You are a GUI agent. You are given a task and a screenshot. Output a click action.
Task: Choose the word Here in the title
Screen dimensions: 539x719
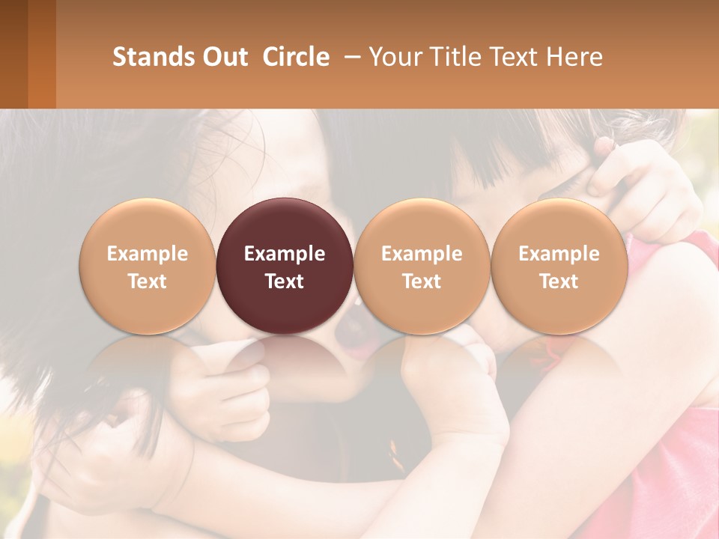click(574, 57)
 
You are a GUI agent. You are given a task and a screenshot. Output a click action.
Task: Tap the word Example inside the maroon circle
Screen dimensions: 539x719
click(285, 254)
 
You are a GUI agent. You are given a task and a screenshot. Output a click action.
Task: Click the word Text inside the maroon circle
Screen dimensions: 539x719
click(285, 281)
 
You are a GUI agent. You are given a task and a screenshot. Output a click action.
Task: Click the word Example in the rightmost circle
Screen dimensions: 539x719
click(559, 254)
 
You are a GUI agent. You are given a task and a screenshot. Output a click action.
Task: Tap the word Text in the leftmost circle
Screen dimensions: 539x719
click(147, 281)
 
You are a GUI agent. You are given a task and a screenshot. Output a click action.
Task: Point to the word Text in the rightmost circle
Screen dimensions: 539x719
click(559, 281)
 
